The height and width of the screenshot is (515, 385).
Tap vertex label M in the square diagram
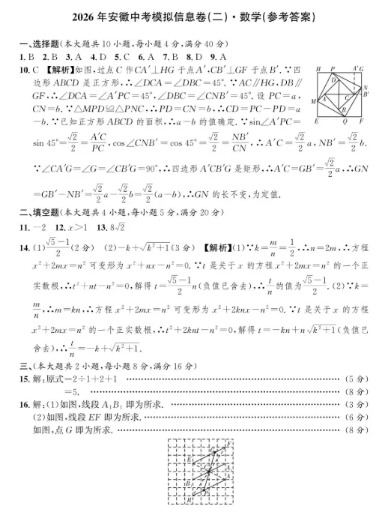(x=313, y=100)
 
